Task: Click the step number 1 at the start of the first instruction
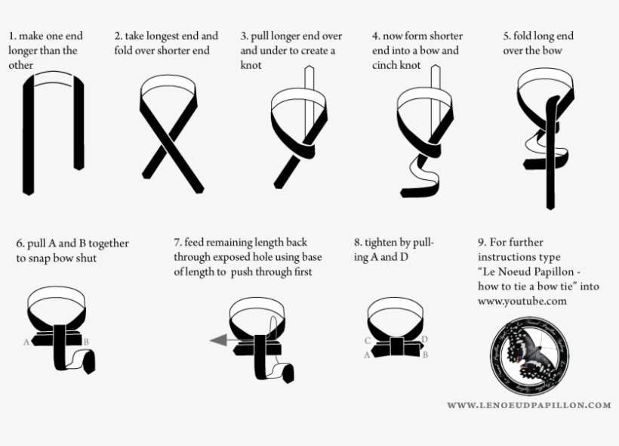tap(11, 36)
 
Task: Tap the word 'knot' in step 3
tap(251, 66)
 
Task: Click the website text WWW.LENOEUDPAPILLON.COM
tap(528, 405)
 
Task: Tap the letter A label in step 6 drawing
tap(26, 342)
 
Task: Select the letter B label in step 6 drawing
tap(86, 342)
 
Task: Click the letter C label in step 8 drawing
tap(368, 341)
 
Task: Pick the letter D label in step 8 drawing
tap(425, 339)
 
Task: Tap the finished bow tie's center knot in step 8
tap(396, 346)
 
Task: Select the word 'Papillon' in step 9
tap(557, 272)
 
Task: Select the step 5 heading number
tap(507, 36)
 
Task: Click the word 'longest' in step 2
tap(161, 36)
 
